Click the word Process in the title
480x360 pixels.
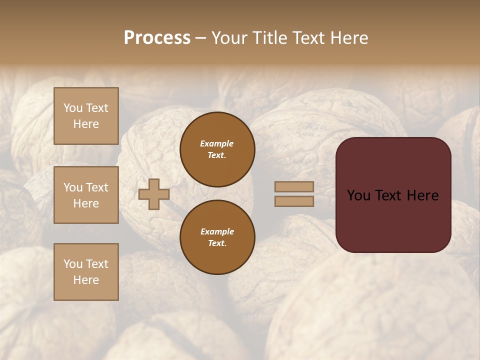(x=157, y=38)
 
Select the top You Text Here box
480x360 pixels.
(x=86, y=116)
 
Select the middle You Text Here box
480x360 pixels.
(x=86, y=195)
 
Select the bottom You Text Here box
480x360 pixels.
(x=86, y=272)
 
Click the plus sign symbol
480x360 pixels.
(x=154, y=194)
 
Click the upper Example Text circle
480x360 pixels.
(x=217, y=149)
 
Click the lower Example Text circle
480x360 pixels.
(x=217, y=237)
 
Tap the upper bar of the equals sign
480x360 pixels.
(x=294, y=186)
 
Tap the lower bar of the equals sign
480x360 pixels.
(x=294, y=201)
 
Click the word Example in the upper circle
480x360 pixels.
(x=217, y=143)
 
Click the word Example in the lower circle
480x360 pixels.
(x=217, y=231)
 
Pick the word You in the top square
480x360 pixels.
(x=73, y=108)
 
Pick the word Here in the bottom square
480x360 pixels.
(x=86, y=280)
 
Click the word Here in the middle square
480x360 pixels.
(x=86, y=203)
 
